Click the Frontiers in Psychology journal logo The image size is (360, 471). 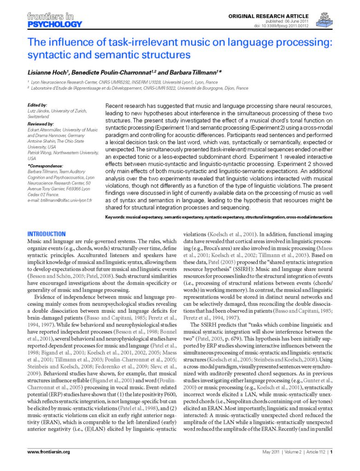54,20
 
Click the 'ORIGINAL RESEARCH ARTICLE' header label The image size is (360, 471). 268,16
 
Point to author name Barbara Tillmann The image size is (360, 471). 184,72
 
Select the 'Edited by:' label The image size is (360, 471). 37,105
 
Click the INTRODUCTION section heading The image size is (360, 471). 46,234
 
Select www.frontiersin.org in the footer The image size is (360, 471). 48,452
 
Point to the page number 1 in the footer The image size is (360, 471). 331,452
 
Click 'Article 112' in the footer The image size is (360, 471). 313,452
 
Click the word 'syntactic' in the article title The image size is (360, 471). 48,55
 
